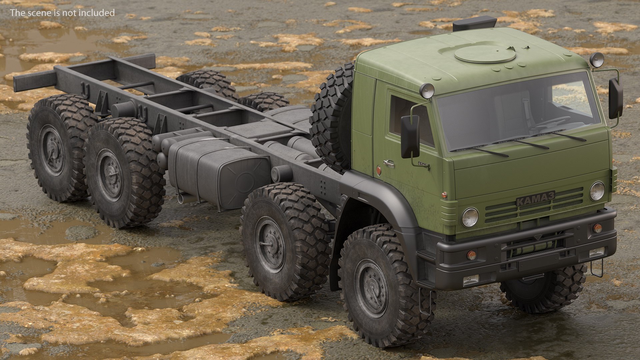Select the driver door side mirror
point(410,137)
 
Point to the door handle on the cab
point(388,163)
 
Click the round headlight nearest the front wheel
point(470,217)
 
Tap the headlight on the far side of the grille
point(597,191)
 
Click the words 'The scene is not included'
point(62,13)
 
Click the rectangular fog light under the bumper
point(471,279)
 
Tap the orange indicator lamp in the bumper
point(471,255)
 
